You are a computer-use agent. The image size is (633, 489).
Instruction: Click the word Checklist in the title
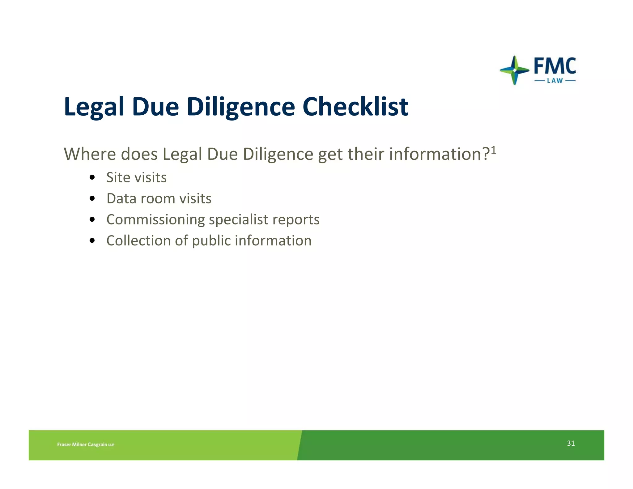point(355,107)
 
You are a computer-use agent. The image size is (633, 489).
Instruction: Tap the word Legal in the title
point(94,107)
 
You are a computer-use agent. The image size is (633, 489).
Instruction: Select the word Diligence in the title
point(241,107)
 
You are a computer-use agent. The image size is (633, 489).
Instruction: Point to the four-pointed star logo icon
point(514,70)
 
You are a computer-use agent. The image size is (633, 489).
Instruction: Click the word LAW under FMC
point(555,81)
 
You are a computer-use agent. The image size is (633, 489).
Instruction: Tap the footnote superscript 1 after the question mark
point(493,150)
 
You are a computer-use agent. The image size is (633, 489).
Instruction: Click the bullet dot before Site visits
point(92,177)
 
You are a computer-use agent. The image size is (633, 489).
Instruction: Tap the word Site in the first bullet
point(118,177)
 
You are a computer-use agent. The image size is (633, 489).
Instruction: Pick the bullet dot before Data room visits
point(92,198)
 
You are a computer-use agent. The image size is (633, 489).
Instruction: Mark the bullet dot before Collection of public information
point(92,240)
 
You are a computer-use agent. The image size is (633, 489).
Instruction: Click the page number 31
point(571,443)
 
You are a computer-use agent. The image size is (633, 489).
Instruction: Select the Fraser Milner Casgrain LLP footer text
point(86,444)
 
